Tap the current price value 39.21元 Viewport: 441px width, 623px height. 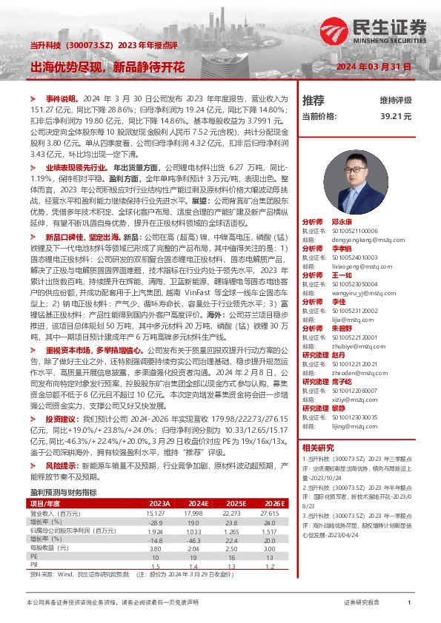[396, 116]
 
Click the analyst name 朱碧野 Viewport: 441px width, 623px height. [342, 327]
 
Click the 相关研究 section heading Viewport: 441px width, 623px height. [319, 447]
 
